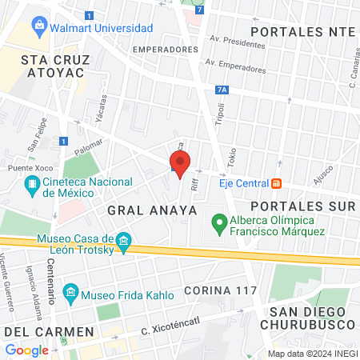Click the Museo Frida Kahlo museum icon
point(70,294)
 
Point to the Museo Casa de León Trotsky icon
point(123,240)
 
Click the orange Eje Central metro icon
point(276,183)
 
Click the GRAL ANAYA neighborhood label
point(152,210)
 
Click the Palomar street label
point(89,146)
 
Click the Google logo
point(26,350)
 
